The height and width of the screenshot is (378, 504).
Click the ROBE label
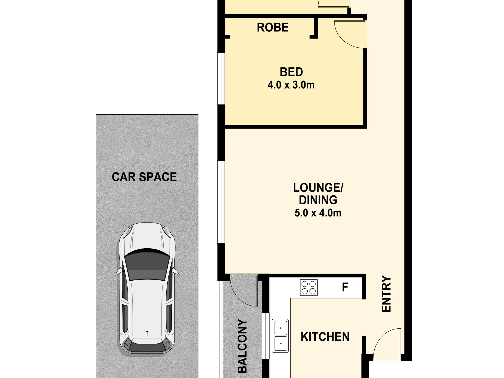click(x=272, y=27)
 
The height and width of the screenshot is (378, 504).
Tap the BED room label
click(x=291, y=72)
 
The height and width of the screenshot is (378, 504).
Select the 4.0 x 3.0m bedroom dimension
click(x=291, y=85)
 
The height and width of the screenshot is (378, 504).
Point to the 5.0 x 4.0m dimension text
click(x=318, y=213)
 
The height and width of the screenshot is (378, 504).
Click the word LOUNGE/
click(x=318, y=188)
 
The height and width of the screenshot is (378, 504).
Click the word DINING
click(x=318, y=200)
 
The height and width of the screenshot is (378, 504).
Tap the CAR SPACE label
click(x=144, y=177)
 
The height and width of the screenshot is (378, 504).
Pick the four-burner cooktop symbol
click(x=309, y=288)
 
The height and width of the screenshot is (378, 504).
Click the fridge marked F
click(x=345, y=287)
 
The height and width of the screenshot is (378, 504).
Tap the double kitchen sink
click(x=280, y=336)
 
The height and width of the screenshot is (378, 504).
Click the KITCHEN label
click(x=325, y=337)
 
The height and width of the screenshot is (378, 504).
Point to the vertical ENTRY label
click(x=386, y=294)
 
